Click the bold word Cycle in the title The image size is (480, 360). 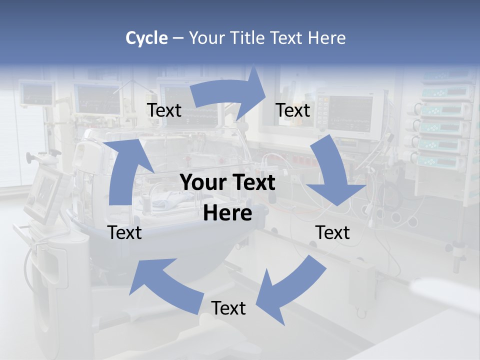tap(146, 38)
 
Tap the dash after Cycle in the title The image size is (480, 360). tap(178, 38)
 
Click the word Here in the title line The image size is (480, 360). tap(326, 38)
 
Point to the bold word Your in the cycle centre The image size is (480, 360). tap(202, 183)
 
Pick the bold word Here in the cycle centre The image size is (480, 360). tap(227, 213)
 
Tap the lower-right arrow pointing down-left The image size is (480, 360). tap(290, 290)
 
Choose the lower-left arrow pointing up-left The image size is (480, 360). tap(165, 285)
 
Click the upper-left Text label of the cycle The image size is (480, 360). tap(164, 110)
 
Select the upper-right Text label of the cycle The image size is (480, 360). tap(293, 110)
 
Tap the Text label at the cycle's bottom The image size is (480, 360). tap(228, 308)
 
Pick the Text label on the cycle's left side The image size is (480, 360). tap(125, 232)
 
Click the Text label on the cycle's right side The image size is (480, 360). tap(332, 232)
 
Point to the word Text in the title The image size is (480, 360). tap(286, 38)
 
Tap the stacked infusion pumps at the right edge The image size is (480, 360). tap(445, 125)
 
